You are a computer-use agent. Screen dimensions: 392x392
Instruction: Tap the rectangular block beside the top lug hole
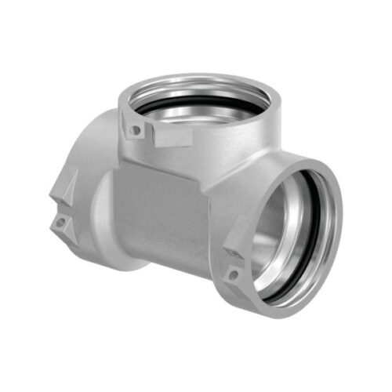(x=168, y=136)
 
